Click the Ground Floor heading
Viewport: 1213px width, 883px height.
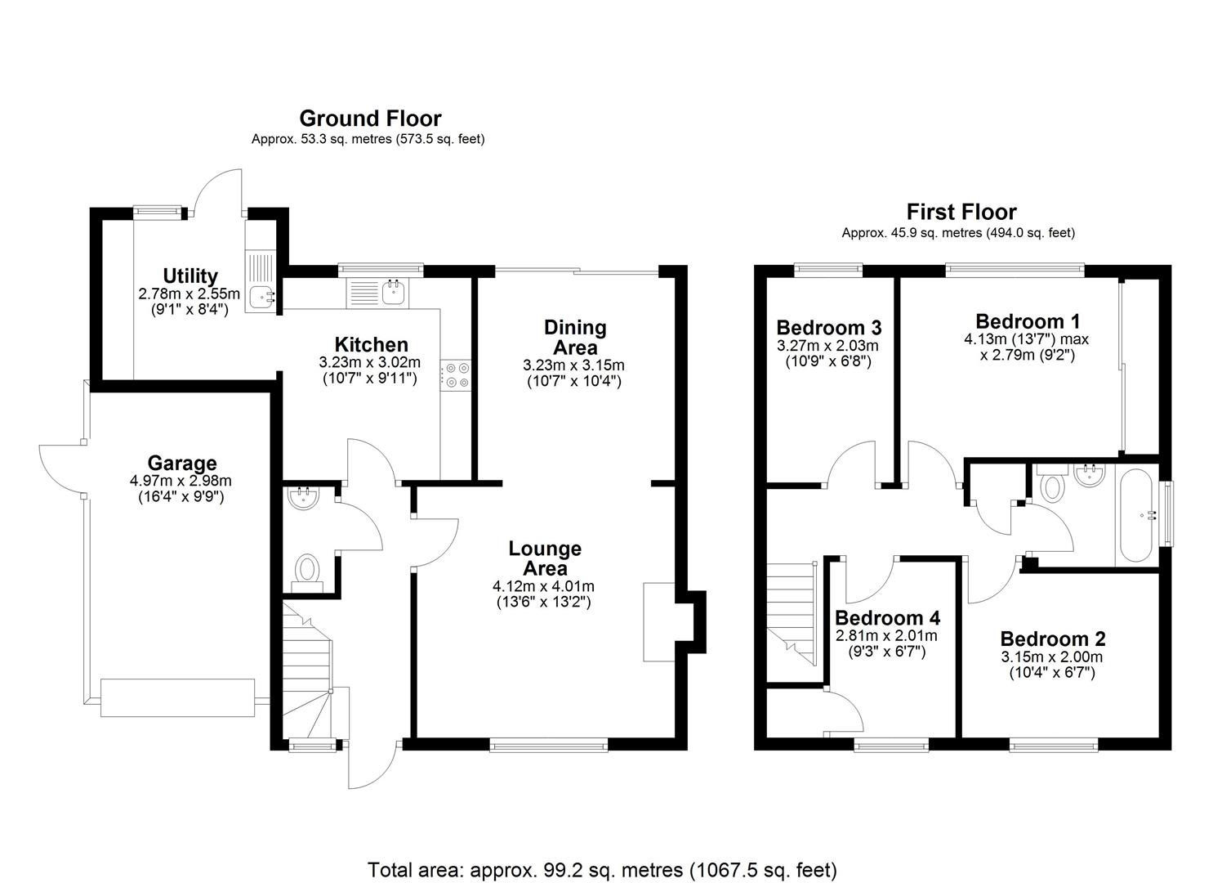pyautogui.click(x=369, y=119)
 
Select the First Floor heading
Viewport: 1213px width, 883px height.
pyautogui.click(x=961, y=212)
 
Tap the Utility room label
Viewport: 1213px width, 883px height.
pyautogui.click(x=190, y=276)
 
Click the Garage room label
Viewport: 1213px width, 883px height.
pyautogui.click(x=181, y=463)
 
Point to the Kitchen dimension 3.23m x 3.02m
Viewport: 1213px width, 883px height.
pyautogui.click(x=369, y=362)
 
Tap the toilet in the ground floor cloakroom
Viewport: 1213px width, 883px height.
pyautogui.click(x=307, y=567)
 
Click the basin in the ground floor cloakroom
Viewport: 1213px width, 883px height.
pyautogui.click(x=303, y=498)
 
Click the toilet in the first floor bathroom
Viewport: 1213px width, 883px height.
pyautogui.click(x=1052, y=486)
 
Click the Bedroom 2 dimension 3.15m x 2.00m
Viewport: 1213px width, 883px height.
pyautogui.click(x=1051, y=657)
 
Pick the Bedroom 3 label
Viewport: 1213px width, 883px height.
pyautogui.click(x=828, y=328)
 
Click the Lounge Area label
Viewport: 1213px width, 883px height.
pyautogui.click(x=545, y=558)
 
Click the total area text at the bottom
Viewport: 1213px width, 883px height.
pyautogui.click(x=602, y=869)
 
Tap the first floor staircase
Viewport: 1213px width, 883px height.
pyautogui.click(x=792, y=610)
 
